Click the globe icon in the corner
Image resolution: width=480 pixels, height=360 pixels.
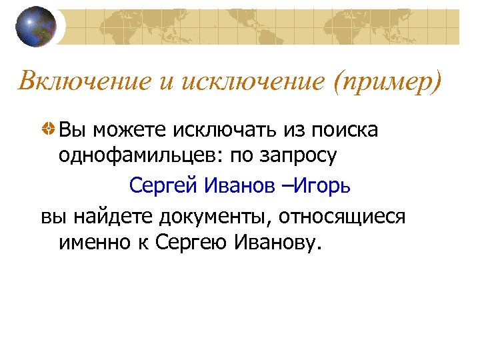[x=37, y=27]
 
